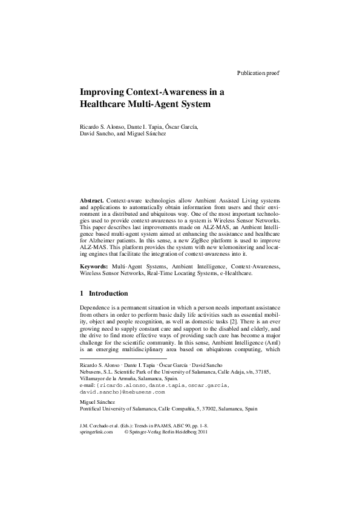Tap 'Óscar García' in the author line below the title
(181, 126)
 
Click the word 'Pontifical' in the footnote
(93, 409)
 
